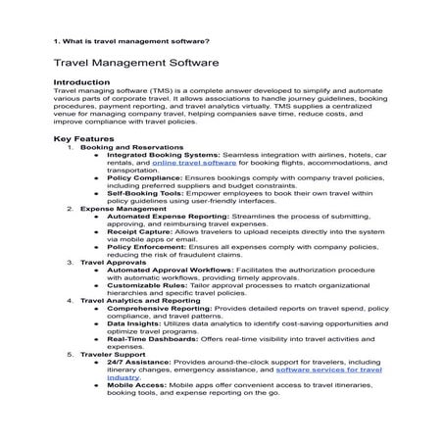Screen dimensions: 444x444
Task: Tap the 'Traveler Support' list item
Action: (112, 353)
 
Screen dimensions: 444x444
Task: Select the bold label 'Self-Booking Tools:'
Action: (144, 193)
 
